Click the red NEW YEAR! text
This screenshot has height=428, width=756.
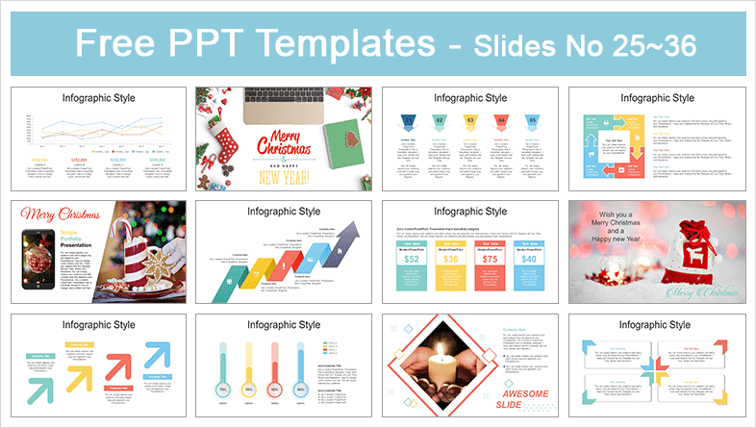(x=282, y=179)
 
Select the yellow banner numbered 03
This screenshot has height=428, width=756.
(x=471, y=122)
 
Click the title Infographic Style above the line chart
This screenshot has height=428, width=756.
(x=94, y=98)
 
